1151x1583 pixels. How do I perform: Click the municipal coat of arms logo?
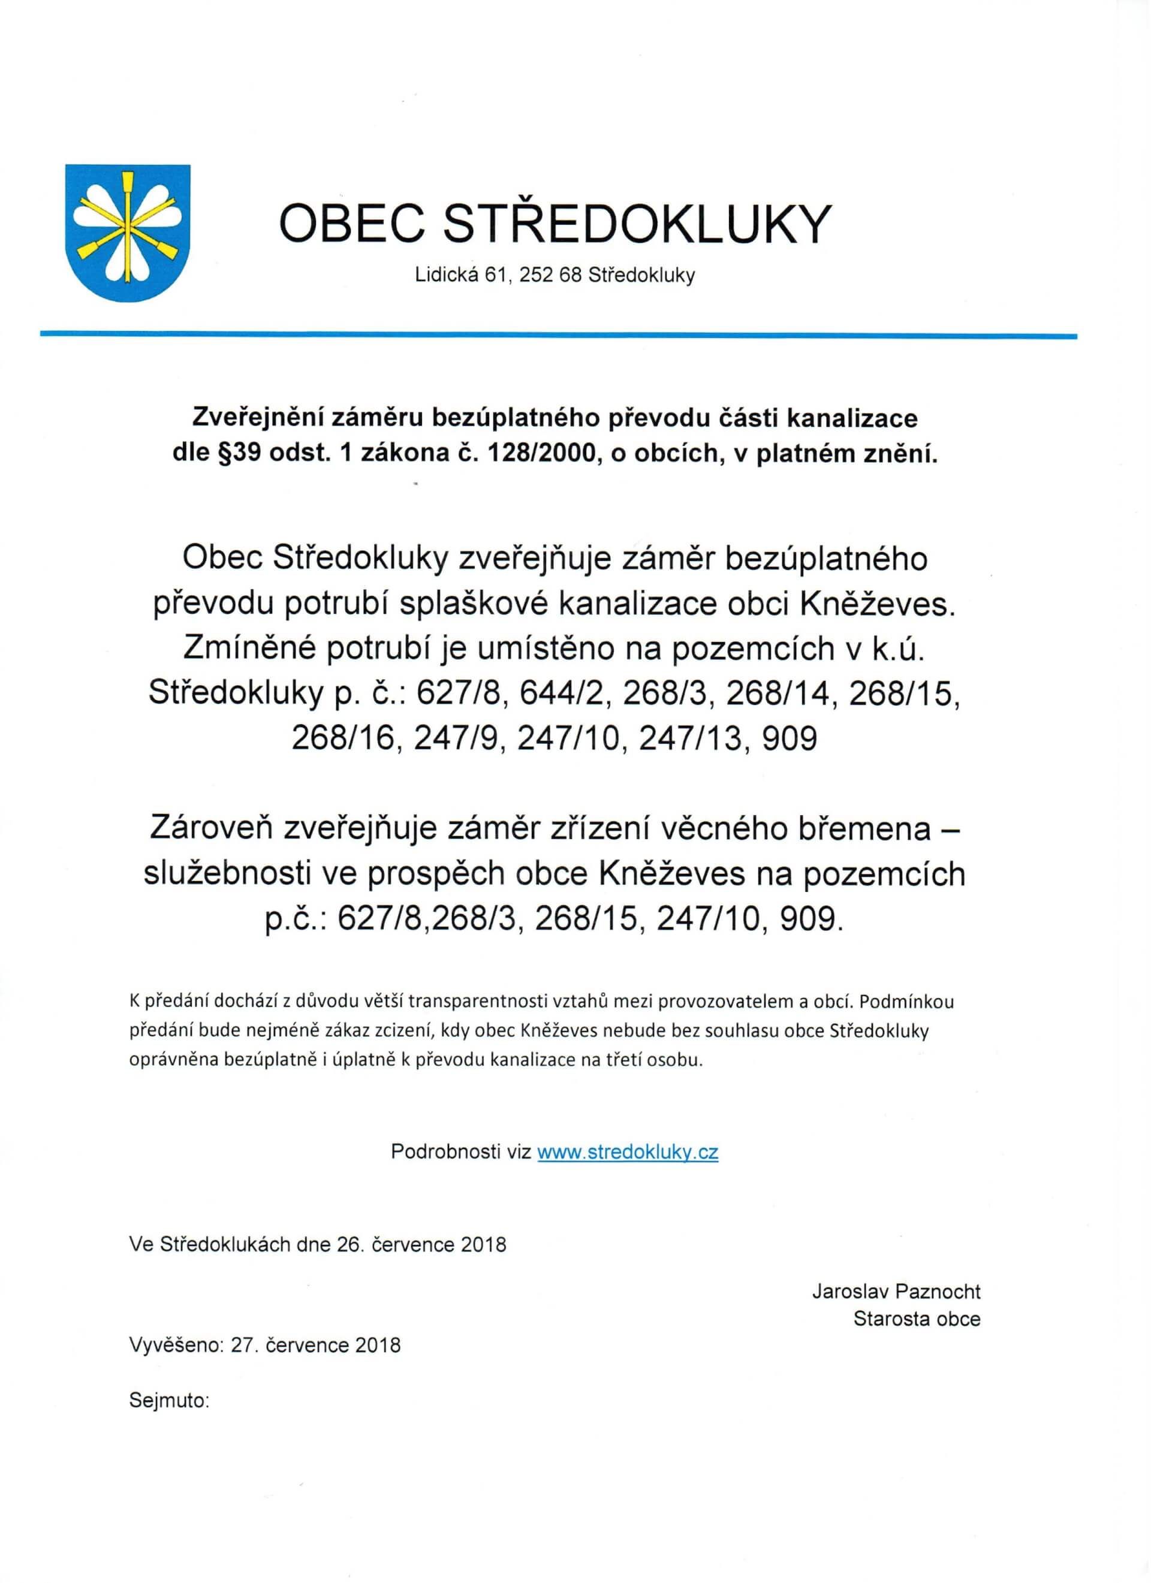pos(128,233)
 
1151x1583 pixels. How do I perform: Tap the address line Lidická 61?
pos(459,276)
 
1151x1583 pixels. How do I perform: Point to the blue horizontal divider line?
pos(558,336)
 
